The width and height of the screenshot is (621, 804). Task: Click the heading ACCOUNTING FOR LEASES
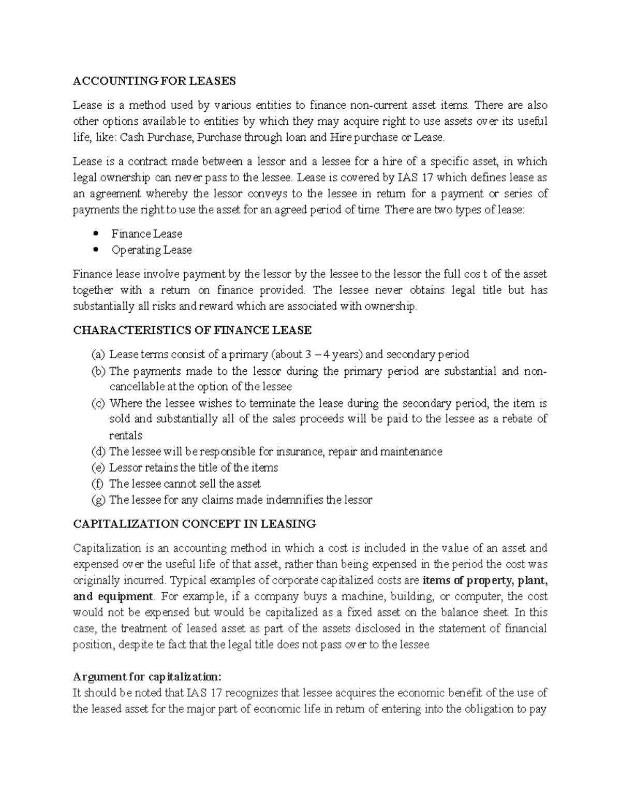coord(154,81)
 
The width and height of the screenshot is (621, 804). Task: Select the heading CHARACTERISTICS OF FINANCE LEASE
coord(192,330)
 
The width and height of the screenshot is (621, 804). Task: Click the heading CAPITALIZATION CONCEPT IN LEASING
coord(194,524)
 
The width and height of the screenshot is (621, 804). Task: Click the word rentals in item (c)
coord(125,435)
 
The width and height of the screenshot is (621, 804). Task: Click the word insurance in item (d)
coord(300,451)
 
